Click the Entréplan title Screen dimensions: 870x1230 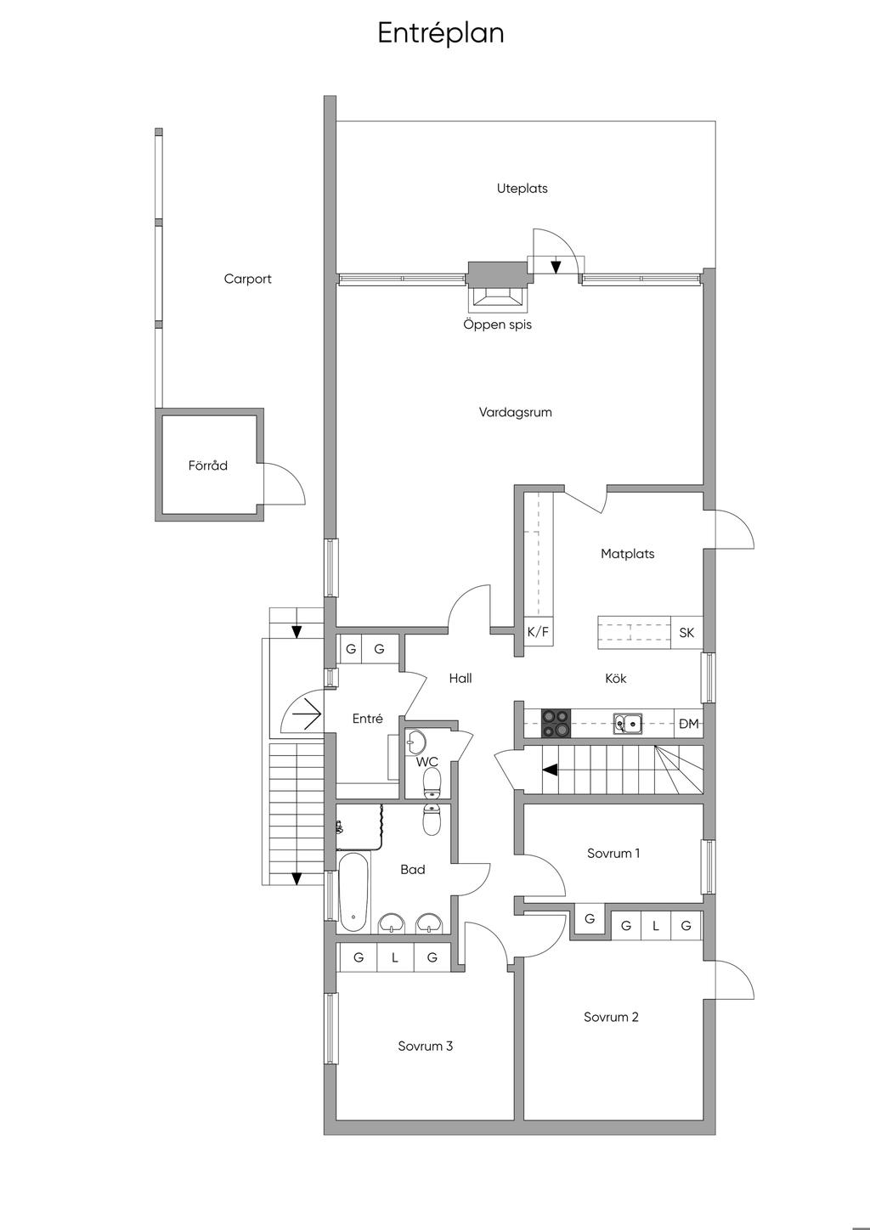point(440,33)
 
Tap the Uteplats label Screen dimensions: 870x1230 point(522,189)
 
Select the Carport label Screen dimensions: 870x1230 point(248,279)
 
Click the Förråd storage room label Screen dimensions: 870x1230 point(207,465)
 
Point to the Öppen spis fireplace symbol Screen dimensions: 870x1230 point(497,298)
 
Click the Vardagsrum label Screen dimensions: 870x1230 point(515,412)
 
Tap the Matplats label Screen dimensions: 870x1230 point(627,554)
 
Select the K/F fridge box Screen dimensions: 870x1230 point(538,631)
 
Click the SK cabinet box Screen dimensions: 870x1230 point(686,633)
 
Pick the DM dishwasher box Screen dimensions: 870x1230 point(689,724)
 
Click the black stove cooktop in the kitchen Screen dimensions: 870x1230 point(556,723)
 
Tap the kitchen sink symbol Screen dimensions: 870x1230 point(628,724)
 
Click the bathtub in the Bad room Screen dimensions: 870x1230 point(353,892)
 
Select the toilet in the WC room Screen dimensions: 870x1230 point(432,782)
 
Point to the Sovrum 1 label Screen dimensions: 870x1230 point(613,854)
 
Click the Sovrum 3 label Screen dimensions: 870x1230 point(425,1046)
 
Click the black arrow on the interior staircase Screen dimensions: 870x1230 point(551,770)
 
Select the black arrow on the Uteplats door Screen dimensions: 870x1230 point(556,267)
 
